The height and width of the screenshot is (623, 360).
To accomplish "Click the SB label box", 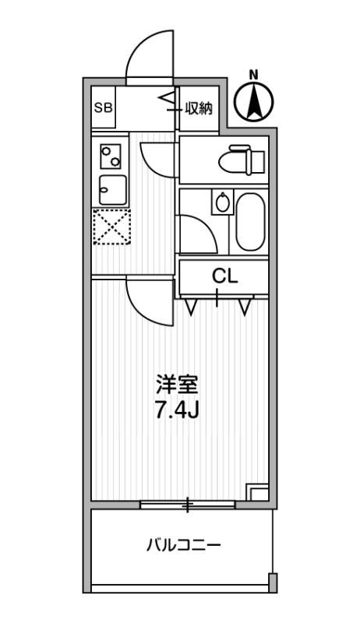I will (x=103, y=108).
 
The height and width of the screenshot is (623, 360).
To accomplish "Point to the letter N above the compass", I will (x=253, y=75).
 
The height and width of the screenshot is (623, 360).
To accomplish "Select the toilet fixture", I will (x=244, y=161).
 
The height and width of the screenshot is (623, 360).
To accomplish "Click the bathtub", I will (x=250, y=222).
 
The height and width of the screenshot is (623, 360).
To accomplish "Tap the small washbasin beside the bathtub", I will (x=223, y=204).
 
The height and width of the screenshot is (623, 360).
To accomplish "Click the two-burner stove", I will (x=110, y=157).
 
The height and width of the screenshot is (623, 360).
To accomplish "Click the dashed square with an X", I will (x=111, y=227).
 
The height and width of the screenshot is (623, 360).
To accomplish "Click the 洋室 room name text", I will (x=178, y=385).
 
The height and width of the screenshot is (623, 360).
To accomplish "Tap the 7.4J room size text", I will (x=178, y=410).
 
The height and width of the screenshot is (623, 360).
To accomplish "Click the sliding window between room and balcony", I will (x=187, y=505).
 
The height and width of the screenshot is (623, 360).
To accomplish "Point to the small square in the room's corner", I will (x=256, y=492).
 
